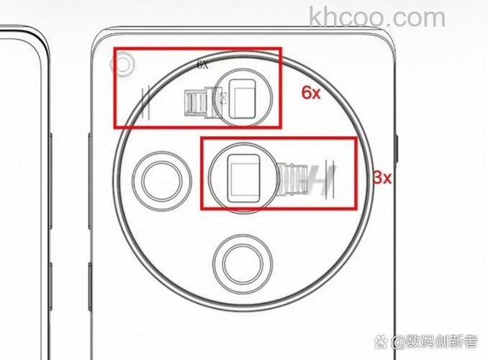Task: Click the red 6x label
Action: (311, 92)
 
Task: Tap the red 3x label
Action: (382, 178)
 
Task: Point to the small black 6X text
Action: (202, 65)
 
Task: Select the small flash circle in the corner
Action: (123, 65)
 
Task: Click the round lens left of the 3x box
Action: (162, 181)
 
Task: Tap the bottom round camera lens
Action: (243, 264)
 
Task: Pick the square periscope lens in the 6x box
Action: (242, 99)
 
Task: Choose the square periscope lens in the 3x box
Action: (243, 178)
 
